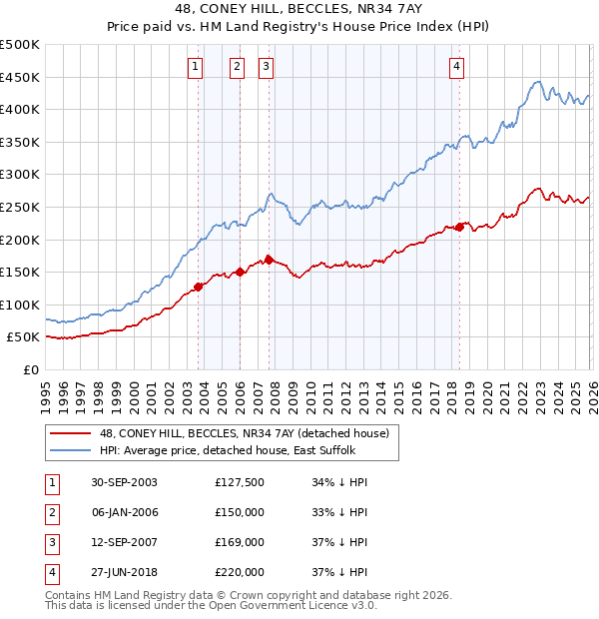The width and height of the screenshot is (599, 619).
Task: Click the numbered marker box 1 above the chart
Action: click(194, 67)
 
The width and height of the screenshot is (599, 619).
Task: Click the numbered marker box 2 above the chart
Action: click(237, 67)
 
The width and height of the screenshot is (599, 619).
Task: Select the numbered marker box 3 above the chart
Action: click(267, 67)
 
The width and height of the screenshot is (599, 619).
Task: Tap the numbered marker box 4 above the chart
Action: click(456, 67)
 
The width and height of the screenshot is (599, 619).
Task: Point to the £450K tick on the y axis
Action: click(20, 77)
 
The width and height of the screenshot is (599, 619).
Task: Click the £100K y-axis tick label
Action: click(20, 305)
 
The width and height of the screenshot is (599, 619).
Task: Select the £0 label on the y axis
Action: click(30, 369)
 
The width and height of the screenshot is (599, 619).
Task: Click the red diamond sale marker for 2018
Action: click(459, 227)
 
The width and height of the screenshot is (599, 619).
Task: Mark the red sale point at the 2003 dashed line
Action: click(199, 287)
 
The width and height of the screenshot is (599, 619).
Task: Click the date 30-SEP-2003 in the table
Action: click(124, 481)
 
